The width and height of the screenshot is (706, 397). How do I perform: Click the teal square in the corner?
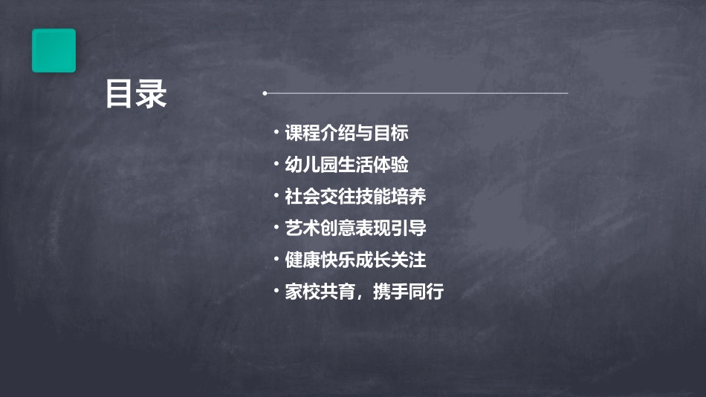click(54, 50)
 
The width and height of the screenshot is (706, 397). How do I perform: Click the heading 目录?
click(136, 94)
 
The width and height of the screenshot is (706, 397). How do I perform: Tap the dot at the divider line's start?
click(265, 93)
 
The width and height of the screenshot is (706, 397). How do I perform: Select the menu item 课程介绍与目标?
click(347, 134)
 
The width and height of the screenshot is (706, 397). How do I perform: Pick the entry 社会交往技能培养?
click(355, 197)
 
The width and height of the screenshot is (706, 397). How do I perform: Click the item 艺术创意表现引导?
click(355, 228)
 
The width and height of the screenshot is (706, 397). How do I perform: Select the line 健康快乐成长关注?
click(355, 260)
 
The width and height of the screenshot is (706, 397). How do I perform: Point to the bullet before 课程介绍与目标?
click(276, 133)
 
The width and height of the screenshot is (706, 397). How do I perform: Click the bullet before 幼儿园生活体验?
click(276, 164)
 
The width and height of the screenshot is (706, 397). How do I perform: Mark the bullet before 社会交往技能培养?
click(276, 196)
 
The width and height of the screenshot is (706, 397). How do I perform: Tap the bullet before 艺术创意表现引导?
click(276, 227)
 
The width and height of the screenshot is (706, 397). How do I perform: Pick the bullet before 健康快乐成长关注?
click(276, 259)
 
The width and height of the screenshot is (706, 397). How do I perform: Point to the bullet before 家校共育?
click(276, 290)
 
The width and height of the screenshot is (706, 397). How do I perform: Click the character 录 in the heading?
click(152, 94)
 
